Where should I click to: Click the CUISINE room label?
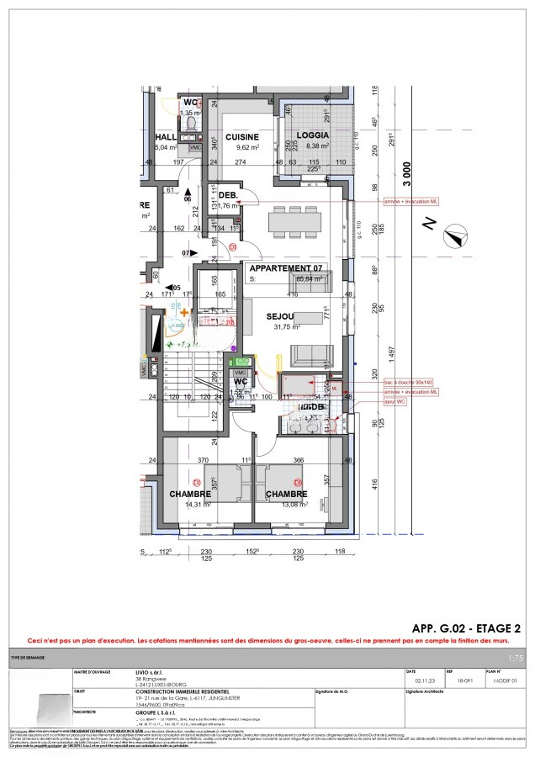(x=241, y=136)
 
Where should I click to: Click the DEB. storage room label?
(x=228, y=195)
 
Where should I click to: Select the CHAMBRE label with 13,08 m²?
(x=288, y=494)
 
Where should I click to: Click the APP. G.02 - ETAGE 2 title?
(x=465, y=628)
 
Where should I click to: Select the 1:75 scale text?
(x=516, y=659)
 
